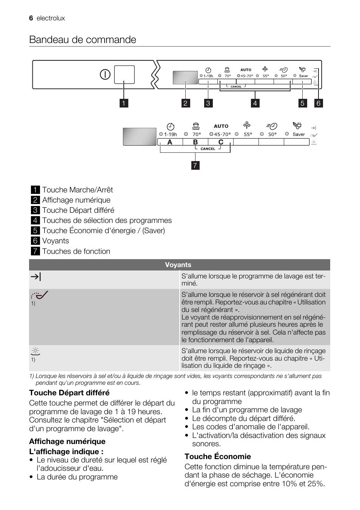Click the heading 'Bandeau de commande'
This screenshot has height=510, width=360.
83,40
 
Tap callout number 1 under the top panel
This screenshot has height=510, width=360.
123,103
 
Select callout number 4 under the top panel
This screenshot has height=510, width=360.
255,103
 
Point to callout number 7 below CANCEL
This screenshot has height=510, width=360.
195,165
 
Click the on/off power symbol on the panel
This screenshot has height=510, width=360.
105,74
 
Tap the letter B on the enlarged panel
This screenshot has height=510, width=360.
195,142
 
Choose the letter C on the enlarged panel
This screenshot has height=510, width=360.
221,142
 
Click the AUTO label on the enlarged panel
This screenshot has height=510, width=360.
221,126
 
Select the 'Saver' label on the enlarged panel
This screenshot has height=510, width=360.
298,134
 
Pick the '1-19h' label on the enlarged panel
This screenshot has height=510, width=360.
171,134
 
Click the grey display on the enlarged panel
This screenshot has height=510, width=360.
140,137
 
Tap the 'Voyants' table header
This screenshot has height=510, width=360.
178,265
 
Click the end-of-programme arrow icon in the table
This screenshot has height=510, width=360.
36,277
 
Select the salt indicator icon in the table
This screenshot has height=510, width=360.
40,295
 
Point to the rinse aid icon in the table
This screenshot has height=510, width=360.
35,352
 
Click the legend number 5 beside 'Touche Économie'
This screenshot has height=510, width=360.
35,230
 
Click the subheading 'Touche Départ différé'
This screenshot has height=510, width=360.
69,393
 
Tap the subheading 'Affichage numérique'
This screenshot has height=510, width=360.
67,441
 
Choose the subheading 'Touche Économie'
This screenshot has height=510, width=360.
218,456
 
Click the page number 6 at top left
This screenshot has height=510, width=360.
31,18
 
